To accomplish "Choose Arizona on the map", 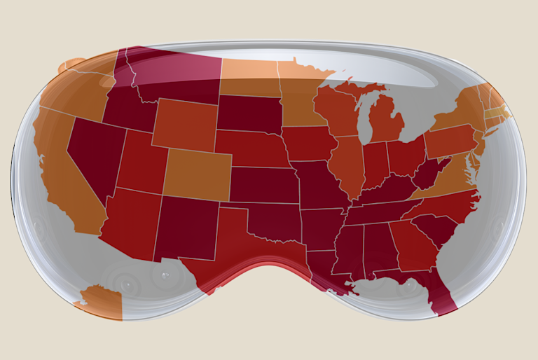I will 130,221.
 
